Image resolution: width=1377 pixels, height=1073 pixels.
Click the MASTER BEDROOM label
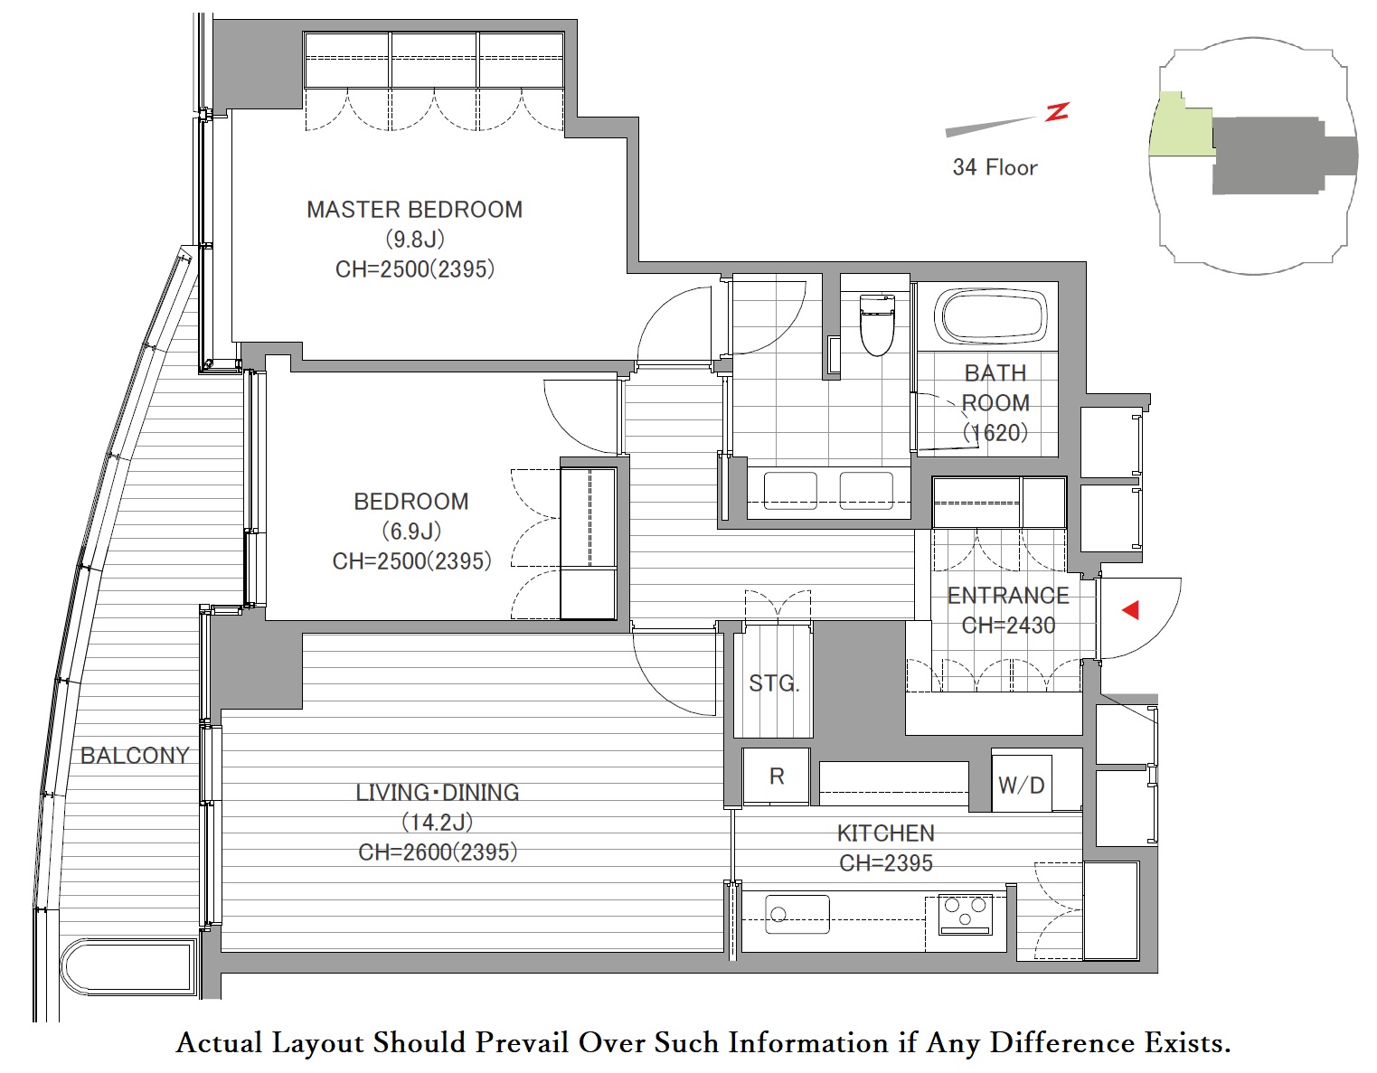(414, 210)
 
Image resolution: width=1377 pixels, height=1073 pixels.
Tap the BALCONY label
(135, 755)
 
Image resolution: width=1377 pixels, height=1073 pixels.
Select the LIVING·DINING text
(438, 793)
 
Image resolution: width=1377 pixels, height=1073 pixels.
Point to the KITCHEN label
(886, 833)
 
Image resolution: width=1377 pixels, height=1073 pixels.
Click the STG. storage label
(774, 682)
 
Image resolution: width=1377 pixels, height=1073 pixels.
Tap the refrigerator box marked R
(777, 777)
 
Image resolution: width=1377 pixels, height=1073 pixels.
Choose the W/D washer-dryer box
(1022, 784)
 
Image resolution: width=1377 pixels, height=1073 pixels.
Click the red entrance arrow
(1130, 610)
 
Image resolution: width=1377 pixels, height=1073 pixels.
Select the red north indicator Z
(1057, 112)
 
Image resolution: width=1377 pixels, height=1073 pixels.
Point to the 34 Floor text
(995, 167)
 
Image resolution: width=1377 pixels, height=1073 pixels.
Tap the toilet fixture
(877, 325)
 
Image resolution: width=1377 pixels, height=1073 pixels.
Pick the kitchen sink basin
(797, 914)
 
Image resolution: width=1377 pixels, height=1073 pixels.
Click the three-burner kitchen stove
(966, 914)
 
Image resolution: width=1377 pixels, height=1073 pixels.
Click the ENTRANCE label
(1008, 596)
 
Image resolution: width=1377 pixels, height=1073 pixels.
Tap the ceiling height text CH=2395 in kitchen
(886, 862)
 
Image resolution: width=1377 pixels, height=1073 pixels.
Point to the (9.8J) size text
(415, 240)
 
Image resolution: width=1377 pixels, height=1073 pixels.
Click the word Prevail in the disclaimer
(523, 1042)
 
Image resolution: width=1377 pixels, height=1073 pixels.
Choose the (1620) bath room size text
(995, 433)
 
